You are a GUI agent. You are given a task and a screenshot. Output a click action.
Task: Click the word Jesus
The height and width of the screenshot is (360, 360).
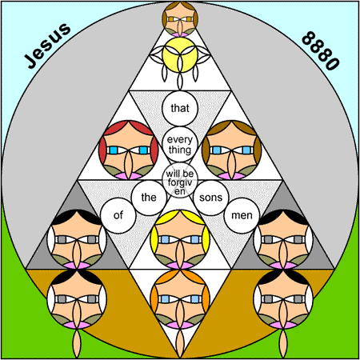point(47,46)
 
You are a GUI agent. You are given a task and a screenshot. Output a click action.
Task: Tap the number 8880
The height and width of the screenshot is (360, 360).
point(321,50)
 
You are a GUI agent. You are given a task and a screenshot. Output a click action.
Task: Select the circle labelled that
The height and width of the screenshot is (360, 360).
point(180,108)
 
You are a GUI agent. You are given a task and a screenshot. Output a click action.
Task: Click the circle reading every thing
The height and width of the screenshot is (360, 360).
point(180,144)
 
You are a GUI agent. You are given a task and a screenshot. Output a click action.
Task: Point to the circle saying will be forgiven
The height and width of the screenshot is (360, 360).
point(180,180)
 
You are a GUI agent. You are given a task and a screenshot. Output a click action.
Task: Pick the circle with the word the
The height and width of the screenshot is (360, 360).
point(149,198)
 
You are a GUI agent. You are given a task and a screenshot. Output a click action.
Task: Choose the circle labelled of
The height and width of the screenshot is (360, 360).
point(118,215)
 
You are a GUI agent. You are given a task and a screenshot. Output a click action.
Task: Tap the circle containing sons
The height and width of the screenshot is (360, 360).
point(211,198)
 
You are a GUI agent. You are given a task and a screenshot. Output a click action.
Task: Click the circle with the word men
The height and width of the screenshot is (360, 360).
point(242,215)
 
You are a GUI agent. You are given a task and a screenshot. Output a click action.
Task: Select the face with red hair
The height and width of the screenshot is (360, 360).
point(128,150)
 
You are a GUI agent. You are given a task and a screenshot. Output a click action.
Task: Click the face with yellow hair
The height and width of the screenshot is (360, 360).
point(180,239)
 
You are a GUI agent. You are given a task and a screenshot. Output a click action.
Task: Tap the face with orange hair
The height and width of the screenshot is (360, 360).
point(180,299)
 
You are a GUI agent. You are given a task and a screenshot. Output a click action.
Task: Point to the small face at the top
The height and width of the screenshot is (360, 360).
point(180,19)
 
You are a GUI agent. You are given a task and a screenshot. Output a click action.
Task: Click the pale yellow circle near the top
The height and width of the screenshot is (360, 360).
point(180,55)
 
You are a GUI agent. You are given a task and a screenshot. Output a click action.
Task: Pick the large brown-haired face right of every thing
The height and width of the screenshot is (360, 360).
point(232,150)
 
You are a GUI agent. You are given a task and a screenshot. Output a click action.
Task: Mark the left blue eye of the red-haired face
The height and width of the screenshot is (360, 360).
point(114,150)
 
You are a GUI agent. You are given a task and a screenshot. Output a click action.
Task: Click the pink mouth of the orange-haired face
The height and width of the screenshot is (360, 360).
point(180,325)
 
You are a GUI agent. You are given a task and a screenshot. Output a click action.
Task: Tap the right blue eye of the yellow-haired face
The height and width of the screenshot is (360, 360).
point(195,239)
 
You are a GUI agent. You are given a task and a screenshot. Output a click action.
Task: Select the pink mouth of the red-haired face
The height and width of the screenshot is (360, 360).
point(128,176)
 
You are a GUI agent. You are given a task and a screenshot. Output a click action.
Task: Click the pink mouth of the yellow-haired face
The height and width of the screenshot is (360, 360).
point(180,266)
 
